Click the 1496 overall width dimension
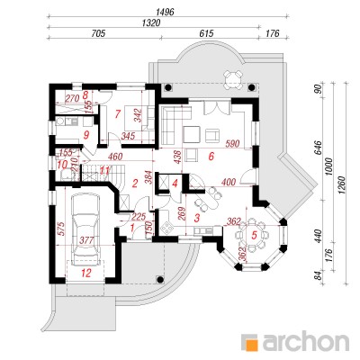[165, 13]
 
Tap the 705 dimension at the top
[98, 33]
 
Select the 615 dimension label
[206, 33]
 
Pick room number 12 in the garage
[86, 273]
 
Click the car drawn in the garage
[85, 229]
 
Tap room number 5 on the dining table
[255, 235]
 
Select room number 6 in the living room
[211, 157]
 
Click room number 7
[117, 113]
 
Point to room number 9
[86, 136]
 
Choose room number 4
[175, 183]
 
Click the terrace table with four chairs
[233, 79]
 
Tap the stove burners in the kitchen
[166, 229]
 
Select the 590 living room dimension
[233, 144]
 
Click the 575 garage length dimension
[61, 229]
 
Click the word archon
[304, 341]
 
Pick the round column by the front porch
[160, 279]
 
